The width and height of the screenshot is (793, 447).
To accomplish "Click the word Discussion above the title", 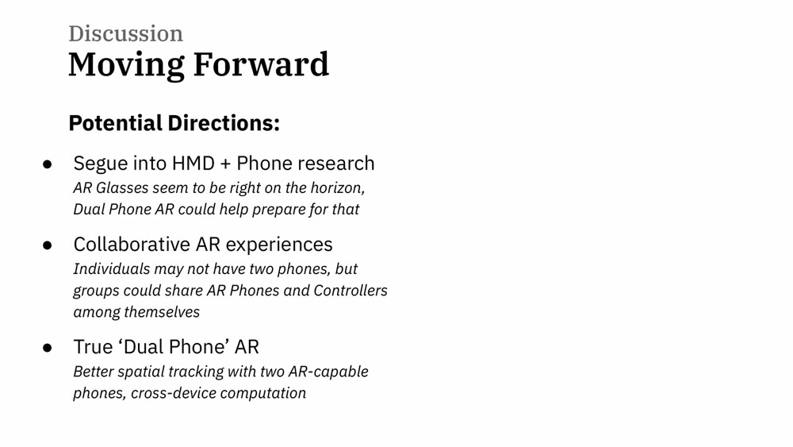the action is tap(126, 33).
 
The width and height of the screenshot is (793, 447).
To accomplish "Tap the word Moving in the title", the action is tap(126, 66).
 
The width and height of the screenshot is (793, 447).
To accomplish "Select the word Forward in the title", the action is tap(261, 64).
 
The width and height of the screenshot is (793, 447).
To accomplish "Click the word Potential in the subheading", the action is tap(115, 123).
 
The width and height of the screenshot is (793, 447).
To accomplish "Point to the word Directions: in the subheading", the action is tap(224, 123).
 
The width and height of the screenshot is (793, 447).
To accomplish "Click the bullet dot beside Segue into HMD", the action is tap(48, 164).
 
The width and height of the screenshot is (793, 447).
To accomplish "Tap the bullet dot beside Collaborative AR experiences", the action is tap(48, 245).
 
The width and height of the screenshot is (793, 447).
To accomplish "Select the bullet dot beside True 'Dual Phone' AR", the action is tap(48, 347).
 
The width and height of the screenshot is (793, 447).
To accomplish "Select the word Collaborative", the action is tap(132, 244).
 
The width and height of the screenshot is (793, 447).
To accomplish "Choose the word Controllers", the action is tap(351, 290).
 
